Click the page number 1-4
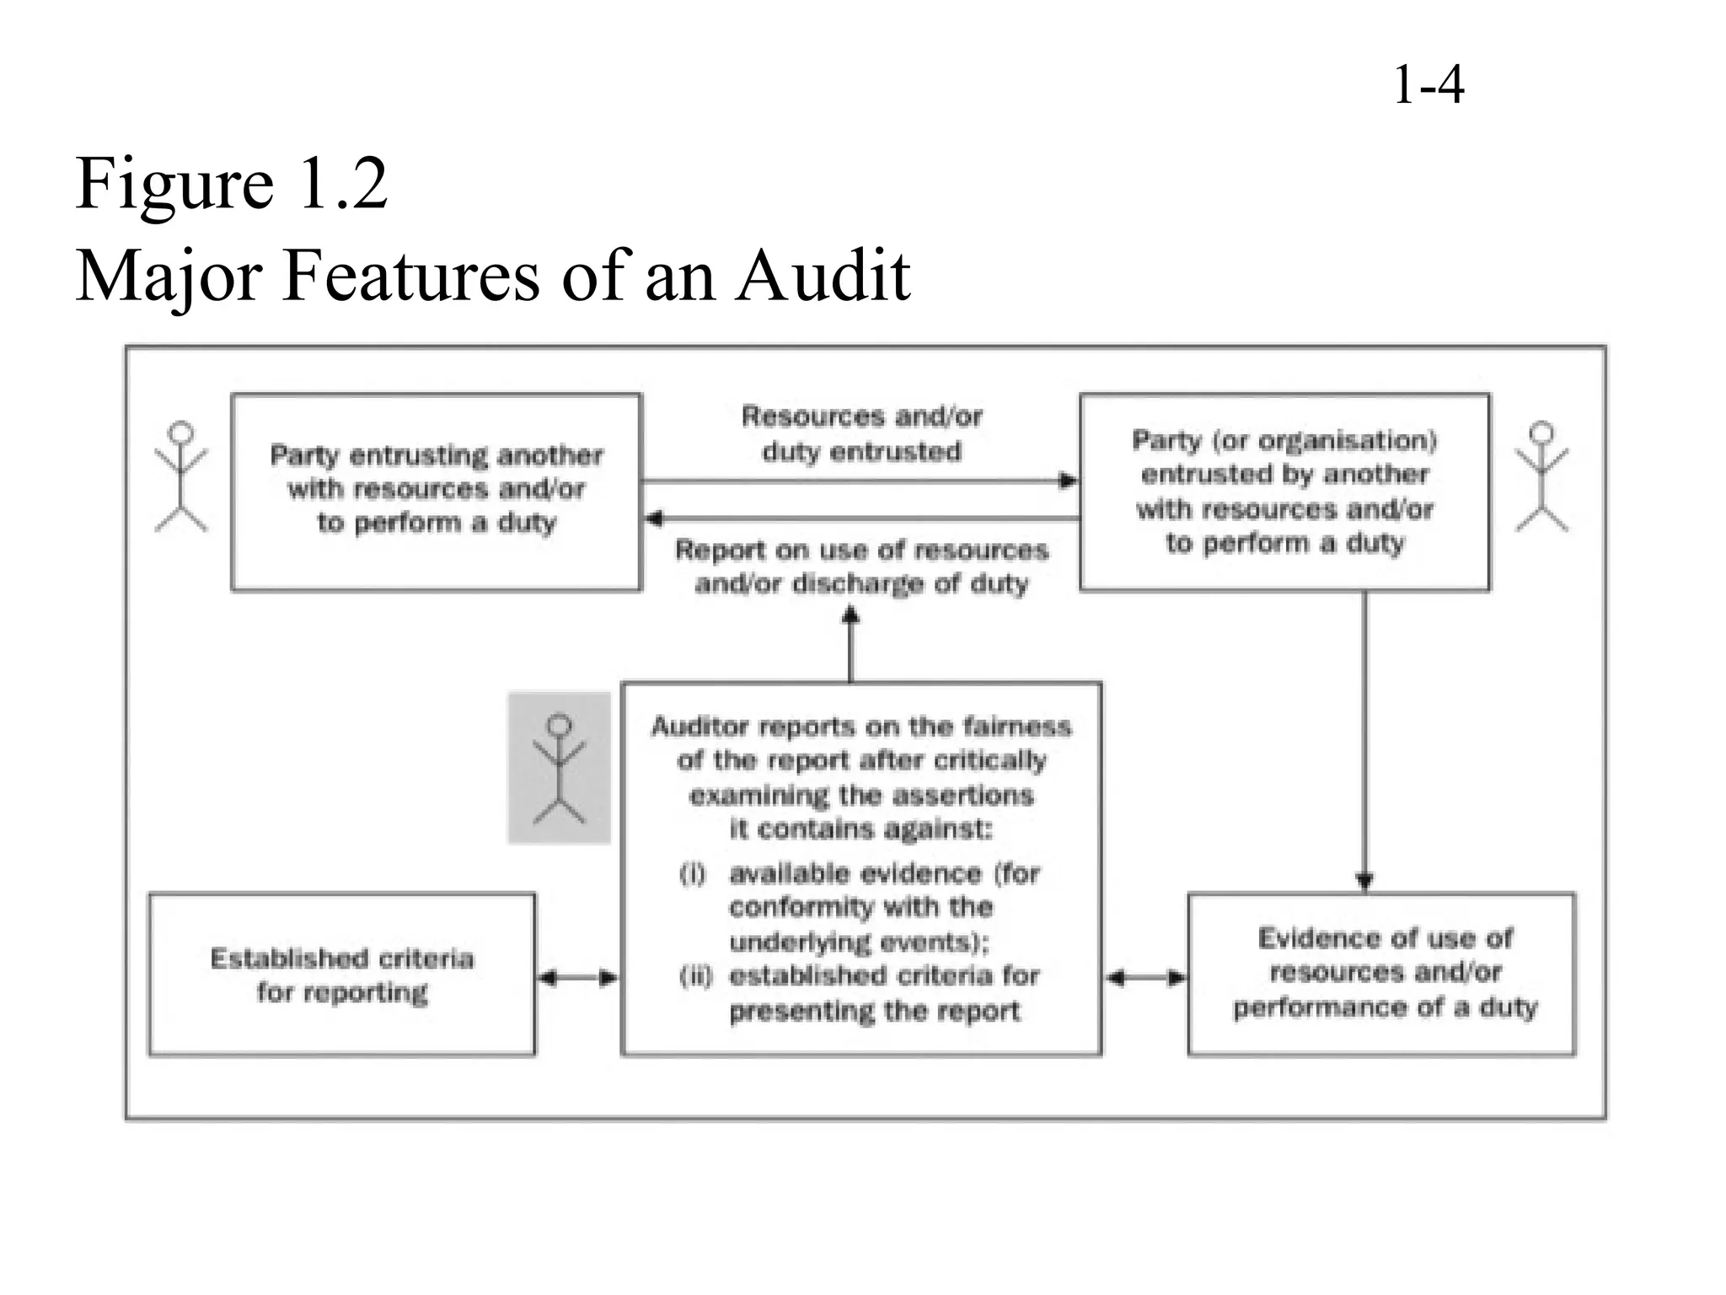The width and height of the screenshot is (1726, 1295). [x=1429, y=86]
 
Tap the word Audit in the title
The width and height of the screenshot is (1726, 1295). [x=823, y=276]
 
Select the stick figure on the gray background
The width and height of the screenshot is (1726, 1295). [x=559, y=768]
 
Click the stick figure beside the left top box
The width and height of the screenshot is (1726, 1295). [x=180, y=477]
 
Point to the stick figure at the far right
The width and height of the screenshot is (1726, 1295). [x=1541, y=477]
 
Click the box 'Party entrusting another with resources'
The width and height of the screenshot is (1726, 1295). [x=436, y=492]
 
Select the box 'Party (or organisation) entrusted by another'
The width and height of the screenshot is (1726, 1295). [x=1284, y=492]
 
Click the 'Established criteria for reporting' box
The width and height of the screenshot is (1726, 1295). [x=341, y=975]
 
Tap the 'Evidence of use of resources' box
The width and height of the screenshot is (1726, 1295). [x=1382, y=974]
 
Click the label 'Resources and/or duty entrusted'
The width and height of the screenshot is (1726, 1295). [x=861, y=433]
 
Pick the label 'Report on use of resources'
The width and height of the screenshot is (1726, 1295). [x=861, y=567]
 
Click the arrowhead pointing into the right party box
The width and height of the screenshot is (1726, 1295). [x=1069, y=481]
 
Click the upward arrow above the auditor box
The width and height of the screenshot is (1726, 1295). [x=850, y=618]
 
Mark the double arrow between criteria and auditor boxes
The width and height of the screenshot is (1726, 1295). [x=578, y=978]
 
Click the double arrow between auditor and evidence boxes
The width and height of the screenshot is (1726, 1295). [x=1145, y=978]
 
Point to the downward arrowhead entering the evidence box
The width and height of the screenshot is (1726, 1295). [x=1365, y=881]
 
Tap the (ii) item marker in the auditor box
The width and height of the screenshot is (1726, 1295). [x=695, y=976]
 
